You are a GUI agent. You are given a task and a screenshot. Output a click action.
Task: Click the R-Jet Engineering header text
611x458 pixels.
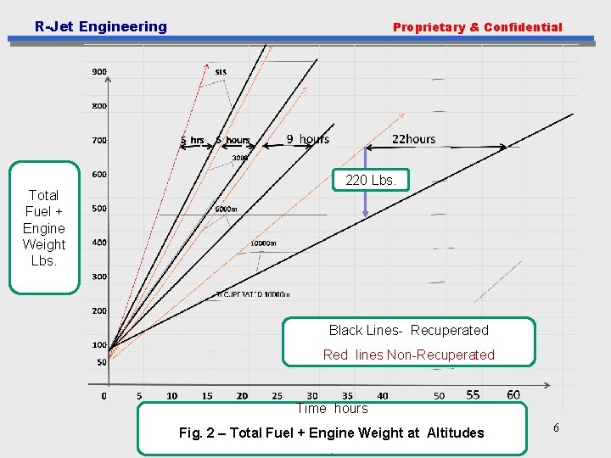[101, 26]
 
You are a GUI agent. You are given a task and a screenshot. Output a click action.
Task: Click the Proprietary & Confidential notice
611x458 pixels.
[477, 27]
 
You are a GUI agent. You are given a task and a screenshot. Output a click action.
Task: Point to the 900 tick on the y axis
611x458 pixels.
[99, 72]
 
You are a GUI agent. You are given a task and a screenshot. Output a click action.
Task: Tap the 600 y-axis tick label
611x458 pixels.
[99, 175]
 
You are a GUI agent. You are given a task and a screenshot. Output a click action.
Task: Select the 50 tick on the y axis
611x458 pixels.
[102, 362]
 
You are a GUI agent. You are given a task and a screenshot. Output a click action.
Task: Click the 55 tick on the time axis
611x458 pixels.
[473, 394]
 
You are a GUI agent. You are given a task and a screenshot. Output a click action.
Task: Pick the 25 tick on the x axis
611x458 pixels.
[277, 396]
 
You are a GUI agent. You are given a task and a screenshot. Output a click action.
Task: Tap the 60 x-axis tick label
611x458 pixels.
[513, 394]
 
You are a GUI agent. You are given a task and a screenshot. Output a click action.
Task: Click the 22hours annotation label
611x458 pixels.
[413, 139]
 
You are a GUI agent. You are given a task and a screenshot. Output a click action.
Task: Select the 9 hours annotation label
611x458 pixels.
[307, 139]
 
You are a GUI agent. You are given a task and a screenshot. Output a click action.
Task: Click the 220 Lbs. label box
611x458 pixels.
[376, 180]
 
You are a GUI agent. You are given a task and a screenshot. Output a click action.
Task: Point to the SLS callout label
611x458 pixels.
[221, 72]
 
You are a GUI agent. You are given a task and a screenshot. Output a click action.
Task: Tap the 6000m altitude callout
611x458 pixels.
[226, 209]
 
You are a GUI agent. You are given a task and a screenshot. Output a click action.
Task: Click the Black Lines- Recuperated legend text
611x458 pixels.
[408, 331]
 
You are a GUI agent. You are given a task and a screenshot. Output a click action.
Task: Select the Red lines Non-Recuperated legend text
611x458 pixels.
[408, 355]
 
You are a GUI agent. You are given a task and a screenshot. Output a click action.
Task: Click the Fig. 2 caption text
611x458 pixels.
[331, 433]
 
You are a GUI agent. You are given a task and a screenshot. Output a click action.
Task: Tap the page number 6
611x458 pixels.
[556, 428]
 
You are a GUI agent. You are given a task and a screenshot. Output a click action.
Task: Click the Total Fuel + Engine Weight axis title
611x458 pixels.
[44, 228]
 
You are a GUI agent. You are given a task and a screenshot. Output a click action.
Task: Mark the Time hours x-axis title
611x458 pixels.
[332, 409]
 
